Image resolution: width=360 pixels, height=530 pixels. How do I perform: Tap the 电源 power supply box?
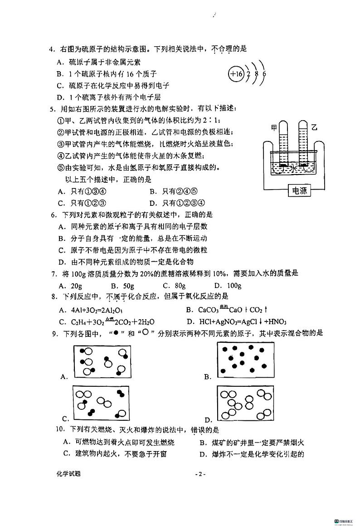300,190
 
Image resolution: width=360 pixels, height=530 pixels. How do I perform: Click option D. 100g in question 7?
228,286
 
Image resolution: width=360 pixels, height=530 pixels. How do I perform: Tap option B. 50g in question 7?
122,286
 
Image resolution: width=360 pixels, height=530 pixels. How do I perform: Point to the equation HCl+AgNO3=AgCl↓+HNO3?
243,322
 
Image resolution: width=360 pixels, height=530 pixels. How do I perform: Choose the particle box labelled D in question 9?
245,403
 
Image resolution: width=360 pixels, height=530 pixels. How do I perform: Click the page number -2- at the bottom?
200,474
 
